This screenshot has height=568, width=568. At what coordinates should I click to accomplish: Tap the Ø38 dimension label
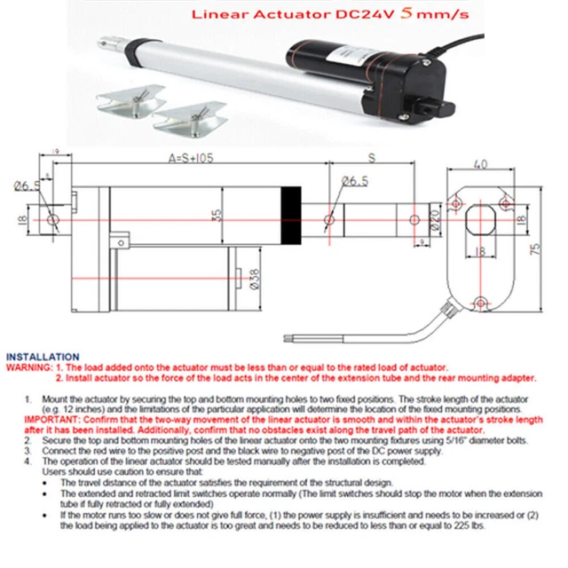tap(254, 280)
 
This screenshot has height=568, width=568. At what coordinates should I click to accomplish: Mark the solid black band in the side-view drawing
tap(291, 215)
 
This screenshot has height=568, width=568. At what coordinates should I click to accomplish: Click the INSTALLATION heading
tap(42, 353)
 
